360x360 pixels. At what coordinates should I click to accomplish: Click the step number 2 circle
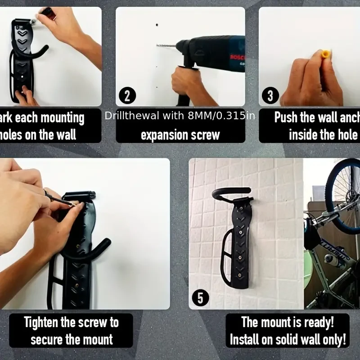tap(127, 96)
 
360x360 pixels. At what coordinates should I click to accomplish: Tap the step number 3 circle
tap(270, 95)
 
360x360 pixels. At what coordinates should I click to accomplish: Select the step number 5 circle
tap(200, 297)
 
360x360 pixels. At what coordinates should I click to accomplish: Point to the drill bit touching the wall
tap(164, 45)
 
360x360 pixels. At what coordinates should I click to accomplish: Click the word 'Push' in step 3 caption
tap(286, 118)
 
